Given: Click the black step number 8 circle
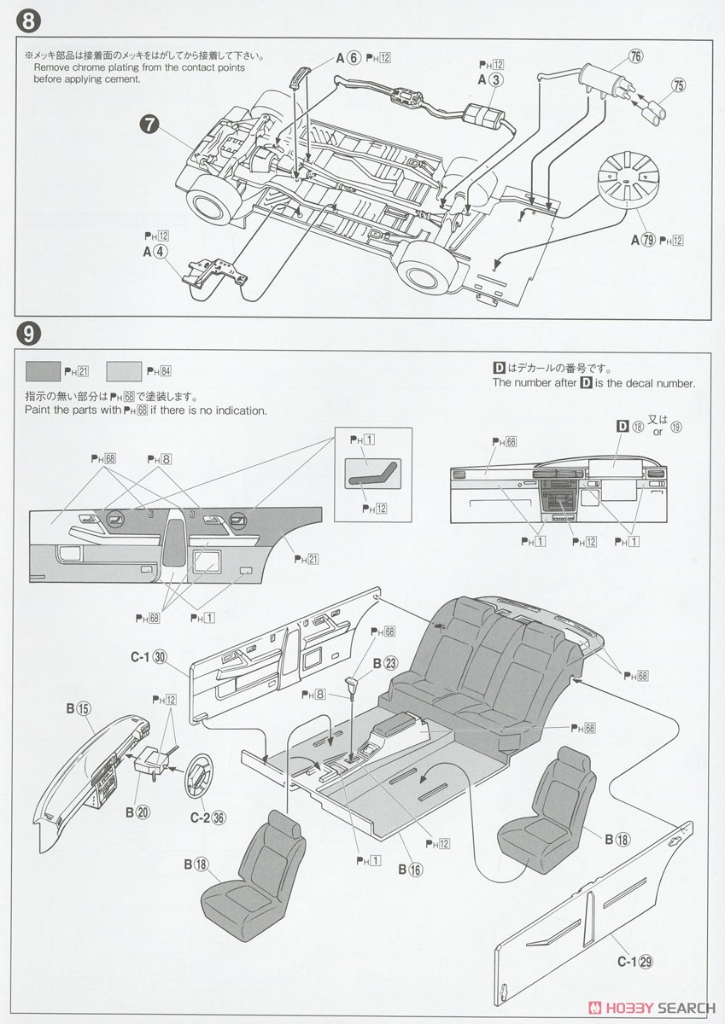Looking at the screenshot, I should pyautogui.click(x=26, y=18).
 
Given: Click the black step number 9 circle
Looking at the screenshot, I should pyautogui.click(x=26, y=333).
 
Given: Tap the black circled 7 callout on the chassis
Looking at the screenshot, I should pyautogui.click(x=149, y=125).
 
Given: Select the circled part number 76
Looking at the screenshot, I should pyautogui.click(x=635, y=57).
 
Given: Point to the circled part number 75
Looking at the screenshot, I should pyautogui.click(x=678, y=84).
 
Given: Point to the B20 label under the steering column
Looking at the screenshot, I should pyautogui.click(x=137, y=812).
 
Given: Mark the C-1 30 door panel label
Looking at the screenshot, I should pyautogui.click(x=149, y=656).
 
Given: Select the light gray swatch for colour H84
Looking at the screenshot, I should pyautogui.click(x=124, y=371).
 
